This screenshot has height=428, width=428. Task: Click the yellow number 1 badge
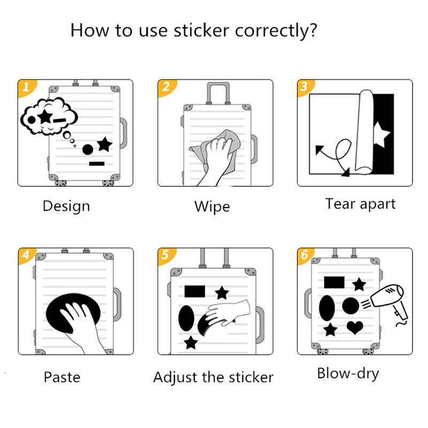click(x=26, y=88)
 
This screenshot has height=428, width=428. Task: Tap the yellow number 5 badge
click(x=166, y=256)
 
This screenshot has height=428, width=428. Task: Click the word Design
click(x=66, y=207)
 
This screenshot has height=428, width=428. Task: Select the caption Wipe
click(x=212, y=207)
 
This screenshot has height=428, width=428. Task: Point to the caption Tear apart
click(x=360, y=204)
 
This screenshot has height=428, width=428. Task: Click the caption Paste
click(x=62, y=377)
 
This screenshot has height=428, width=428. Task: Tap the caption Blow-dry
click(x=348, y=374)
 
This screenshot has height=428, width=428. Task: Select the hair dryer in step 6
click(x=386, y=303)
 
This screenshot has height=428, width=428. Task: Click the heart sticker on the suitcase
click(x=355, y=327)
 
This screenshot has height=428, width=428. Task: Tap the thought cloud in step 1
click(x=49, y=116)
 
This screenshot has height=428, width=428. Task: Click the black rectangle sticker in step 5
click(x=195, y=291)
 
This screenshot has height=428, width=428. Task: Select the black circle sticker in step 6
click(x=351, y=305)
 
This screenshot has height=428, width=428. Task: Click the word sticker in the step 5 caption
click(x=251, y=377)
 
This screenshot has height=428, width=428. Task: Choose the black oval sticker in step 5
click(x=186, y=318)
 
